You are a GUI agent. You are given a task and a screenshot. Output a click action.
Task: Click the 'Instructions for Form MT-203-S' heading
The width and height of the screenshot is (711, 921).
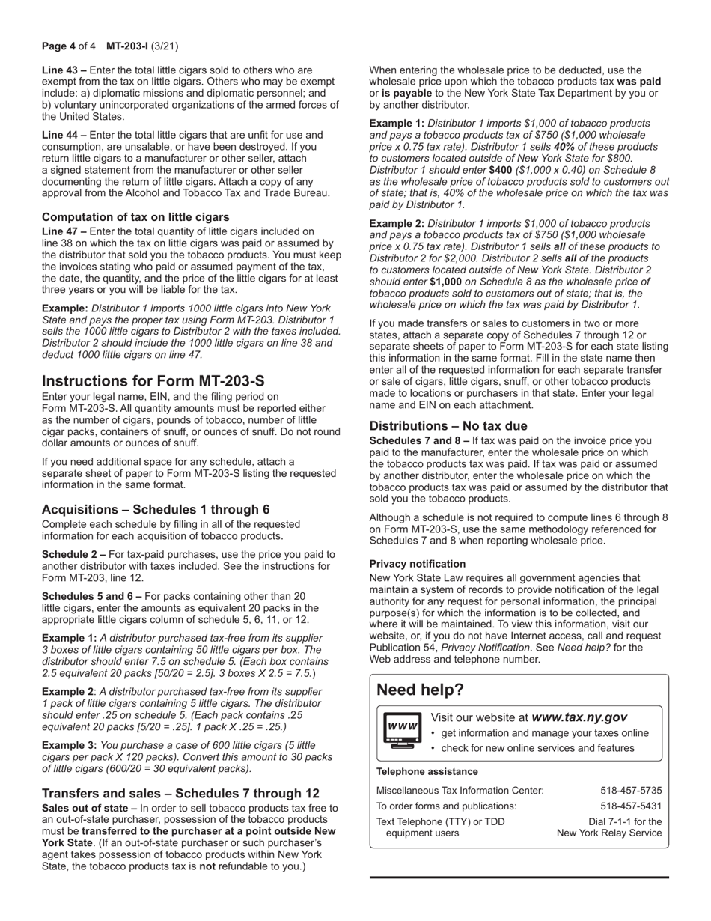pos(153,380)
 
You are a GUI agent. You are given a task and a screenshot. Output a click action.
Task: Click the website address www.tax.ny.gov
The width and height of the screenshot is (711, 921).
pos(579,717)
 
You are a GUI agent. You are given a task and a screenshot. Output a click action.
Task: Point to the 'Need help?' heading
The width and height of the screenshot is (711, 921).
pos(420,690)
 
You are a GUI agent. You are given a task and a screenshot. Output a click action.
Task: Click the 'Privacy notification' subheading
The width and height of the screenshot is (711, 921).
pos(418,564)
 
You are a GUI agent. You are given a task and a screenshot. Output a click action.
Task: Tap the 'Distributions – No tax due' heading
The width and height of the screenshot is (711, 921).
pos(448,426)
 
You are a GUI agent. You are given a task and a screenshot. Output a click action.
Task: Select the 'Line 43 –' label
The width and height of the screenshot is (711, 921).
pos(64,70)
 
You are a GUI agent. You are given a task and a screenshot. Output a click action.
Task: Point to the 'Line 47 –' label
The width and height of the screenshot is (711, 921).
pos(64,232)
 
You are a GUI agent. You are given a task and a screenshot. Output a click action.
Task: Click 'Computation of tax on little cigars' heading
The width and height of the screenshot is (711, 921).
pos(135,217)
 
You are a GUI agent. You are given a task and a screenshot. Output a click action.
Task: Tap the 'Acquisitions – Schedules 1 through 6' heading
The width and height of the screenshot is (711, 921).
pos(156,509)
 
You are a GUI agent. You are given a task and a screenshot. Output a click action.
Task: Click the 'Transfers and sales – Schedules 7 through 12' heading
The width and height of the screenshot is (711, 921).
pos(180,793)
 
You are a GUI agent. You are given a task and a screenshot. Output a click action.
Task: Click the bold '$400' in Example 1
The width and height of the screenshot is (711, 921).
pos(500,170)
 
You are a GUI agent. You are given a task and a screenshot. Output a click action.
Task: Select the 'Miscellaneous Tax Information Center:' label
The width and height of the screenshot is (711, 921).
pos(460,791)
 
